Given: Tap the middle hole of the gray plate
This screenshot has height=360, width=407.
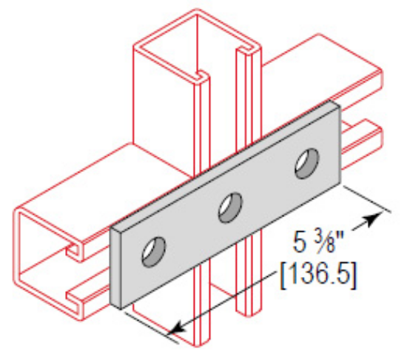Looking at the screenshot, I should pos(231,207).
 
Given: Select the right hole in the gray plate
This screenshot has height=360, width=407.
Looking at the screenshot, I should pos(304,164).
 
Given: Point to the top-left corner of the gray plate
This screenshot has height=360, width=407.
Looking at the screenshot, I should pos(111,228).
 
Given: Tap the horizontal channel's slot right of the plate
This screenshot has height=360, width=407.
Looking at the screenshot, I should pos(363,136).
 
